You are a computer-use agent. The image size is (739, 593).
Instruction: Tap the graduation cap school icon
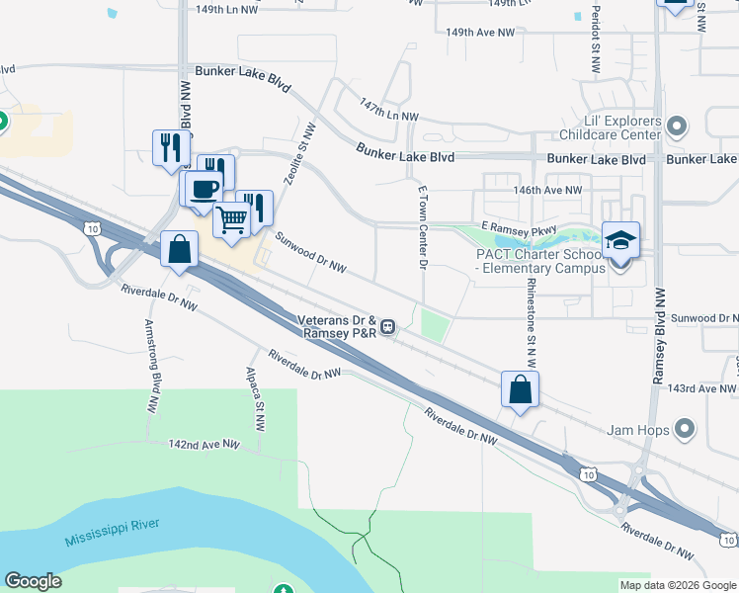[620, 240]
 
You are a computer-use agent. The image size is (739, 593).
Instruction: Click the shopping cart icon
[232, 219]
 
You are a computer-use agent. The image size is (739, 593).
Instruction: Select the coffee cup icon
[205, 188]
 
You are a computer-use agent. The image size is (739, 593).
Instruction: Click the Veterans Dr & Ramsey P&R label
[337, 325]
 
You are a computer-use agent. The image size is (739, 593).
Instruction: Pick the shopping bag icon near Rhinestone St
[520, 389]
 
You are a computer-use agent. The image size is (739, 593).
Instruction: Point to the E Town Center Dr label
[422, 226]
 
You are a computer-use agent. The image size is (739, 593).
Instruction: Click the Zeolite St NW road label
[295, 160]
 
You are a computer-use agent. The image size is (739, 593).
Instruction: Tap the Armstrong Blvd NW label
[153, 365]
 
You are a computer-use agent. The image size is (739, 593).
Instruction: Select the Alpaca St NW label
[256, 399]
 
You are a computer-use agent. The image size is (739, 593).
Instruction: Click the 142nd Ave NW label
[205, 446]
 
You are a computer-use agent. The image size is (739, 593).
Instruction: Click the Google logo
[33, 581]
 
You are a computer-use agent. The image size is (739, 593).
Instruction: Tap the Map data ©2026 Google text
[677, 585]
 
